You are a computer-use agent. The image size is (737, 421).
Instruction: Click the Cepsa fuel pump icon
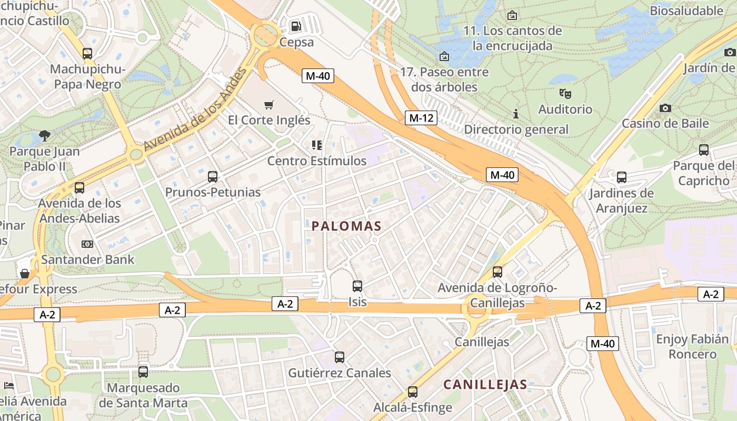tap(296, 26)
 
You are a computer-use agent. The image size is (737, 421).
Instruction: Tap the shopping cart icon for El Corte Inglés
tap(269, 105)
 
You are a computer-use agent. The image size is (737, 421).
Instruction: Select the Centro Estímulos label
tap(316, 161)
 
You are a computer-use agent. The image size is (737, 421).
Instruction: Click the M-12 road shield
tap(421, 118)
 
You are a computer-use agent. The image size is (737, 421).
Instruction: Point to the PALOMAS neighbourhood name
tap(346, 226)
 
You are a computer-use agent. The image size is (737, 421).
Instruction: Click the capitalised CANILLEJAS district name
tap(485, 385)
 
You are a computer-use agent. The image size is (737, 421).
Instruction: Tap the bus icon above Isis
tap(357, 286)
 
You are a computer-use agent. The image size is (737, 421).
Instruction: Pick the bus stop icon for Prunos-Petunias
tap(213, 177)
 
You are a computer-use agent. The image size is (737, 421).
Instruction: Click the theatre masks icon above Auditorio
tap(565, 94)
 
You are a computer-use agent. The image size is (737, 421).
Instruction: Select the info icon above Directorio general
tap(516, 114)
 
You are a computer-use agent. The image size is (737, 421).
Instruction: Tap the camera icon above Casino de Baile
tap(665, 108)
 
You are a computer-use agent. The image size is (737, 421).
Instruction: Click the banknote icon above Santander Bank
tap(87, 244)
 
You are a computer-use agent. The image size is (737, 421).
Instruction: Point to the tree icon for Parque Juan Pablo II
tap(45, 136)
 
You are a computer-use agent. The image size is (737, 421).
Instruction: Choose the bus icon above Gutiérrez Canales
tap(340, 357)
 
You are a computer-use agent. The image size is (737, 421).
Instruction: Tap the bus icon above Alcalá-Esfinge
tap(413, 392)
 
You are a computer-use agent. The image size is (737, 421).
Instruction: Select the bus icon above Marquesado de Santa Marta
tap(143, 372)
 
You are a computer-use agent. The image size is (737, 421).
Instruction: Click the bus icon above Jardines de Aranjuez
tap(622, 177)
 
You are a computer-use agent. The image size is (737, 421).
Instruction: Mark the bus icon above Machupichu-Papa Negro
tap(87, 54)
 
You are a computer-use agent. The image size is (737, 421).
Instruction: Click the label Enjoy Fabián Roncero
tap(692, 346)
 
